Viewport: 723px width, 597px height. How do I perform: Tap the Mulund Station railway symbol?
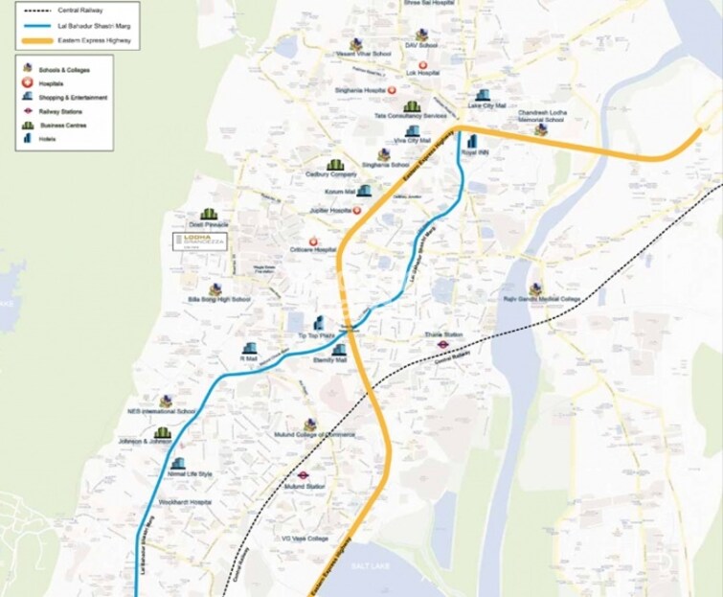pos(301,474)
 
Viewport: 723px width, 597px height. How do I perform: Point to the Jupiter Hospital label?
pos(327,210)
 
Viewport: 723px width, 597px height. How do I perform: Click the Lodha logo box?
pos(199,241)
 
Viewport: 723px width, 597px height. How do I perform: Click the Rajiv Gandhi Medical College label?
pos(543,299)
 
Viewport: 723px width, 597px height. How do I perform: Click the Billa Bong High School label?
pos(219,299)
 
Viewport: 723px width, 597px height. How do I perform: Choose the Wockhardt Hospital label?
pos(186,502)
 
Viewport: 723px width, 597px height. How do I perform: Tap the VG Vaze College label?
pos(304,539)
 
